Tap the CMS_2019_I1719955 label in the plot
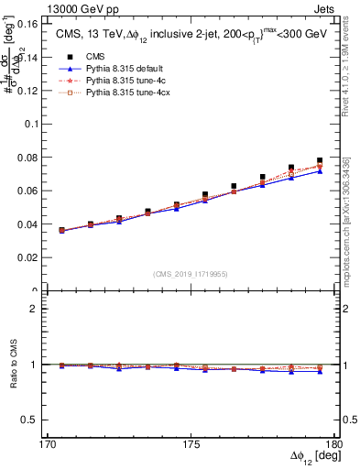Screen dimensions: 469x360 click(191, 273)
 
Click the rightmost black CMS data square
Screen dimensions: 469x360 click(320, 161)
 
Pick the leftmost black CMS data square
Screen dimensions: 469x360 click(61, 231)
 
